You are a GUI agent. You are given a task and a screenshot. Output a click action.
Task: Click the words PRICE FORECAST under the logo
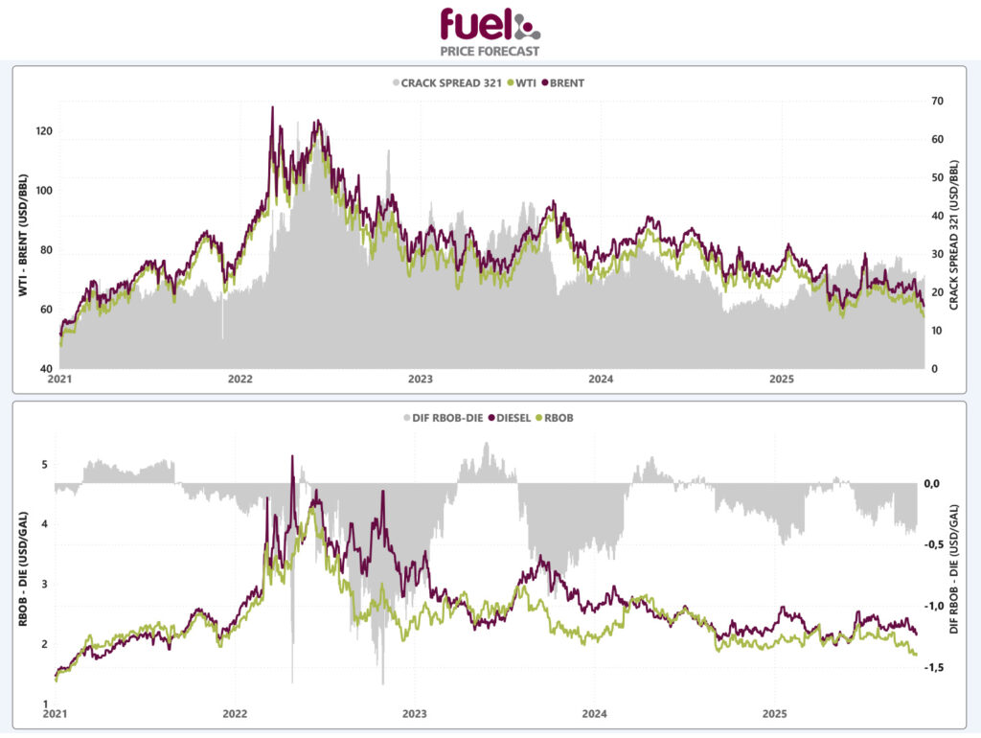[x=490, y=51]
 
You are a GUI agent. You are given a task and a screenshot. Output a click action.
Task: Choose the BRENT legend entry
[x=562, y=82]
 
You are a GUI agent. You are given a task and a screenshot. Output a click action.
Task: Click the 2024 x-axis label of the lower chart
[x=595, y=714]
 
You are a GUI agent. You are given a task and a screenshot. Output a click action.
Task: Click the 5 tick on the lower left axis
[x=44, y=465]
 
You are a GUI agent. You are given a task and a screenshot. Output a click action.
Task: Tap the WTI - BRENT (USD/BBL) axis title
[x=21, y=235]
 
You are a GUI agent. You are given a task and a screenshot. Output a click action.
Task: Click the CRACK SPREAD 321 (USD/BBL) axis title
[x=954, y=235]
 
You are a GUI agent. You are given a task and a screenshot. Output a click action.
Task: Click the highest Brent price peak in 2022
[x=272, y=107]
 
